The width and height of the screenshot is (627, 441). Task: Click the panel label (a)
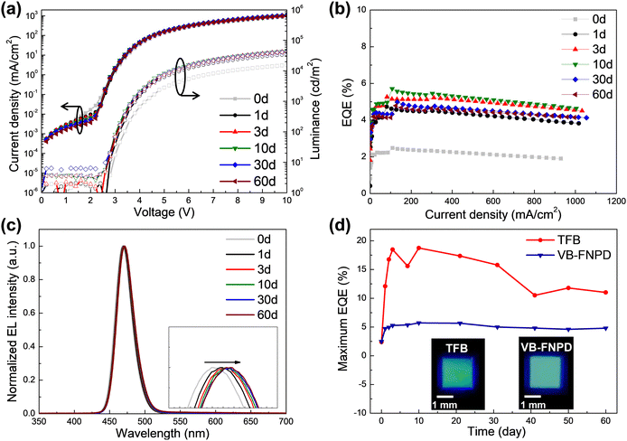tap(18, 10)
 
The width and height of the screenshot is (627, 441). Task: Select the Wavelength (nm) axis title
tap(164, 433)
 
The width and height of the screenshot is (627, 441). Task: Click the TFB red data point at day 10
tap(418, 248)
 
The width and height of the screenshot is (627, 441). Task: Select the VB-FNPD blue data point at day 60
tap(604, 328)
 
